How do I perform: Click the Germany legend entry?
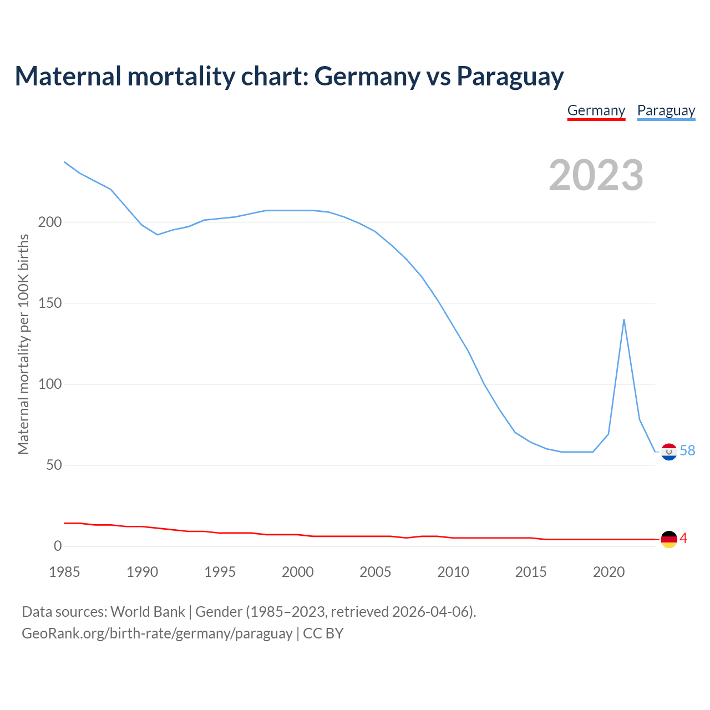596,110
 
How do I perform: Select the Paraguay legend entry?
666,110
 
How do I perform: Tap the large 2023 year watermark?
596,175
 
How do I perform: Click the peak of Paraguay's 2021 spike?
624,319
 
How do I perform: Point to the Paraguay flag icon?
669,452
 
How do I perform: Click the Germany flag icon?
669,539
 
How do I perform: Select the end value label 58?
687,450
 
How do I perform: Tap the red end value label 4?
683,538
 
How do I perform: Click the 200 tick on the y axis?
50,222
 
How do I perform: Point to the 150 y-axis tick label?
50,303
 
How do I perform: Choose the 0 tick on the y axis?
58,546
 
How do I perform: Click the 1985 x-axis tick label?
64,572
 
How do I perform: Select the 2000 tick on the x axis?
298,572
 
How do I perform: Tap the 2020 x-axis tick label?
609,572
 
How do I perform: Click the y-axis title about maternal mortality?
23,344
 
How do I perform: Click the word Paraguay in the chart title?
510,77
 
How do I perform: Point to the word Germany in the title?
367,77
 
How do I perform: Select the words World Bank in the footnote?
148,612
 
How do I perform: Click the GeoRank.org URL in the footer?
157,633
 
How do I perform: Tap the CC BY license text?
323,633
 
